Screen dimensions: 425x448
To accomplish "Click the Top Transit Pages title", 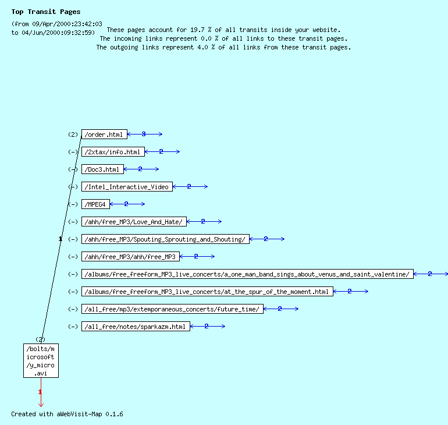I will pyautogui.click(x=46, y=12).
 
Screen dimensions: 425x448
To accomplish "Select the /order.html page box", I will pyautogui.click(x=104, y=134).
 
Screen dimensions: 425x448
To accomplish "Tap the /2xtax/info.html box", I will pyautogui.click(x=113, y=152).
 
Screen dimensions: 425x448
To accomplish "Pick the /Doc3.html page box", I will pyautogui.click(x=102, y=169).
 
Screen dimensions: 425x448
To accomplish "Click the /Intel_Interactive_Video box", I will pyautogui.click(x=127, y=187).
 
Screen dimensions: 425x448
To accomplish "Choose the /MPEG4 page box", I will pyautogui.click(x=95, y=204).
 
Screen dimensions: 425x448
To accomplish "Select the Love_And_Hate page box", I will pyautogui.click(x=134, y=222).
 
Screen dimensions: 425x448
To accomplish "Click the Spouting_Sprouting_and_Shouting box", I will pyautogui.click(x=165, y=239).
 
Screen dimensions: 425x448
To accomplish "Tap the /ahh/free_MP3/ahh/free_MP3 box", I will pyautogui.click(x=130, y=257).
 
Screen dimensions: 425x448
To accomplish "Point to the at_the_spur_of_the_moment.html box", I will pyautogui.click(x=207, y=292).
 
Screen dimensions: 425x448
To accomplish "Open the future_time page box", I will pyautogui.click(x=172, y=309).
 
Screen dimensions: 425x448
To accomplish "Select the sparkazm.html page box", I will pyautogui.click(x=136, y=327).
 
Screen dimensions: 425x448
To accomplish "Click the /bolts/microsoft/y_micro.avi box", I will pyautogui.click(x=41, y=360).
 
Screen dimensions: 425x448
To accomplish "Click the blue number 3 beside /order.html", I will pyautogui.click(x=144, y=134).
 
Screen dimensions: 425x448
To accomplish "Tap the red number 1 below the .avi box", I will pyautogui.click(x=40, y=392).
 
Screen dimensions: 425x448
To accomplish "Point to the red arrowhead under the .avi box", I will pyautogui.click(x=41, y=404).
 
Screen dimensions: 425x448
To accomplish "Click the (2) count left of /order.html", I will pyautogui.click(x=73, y=134).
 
